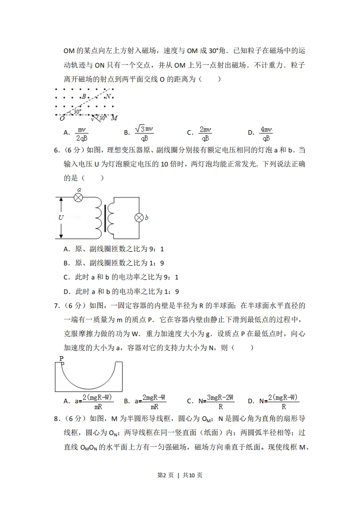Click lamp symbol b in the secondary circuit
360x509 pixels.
click(x=139, y=218)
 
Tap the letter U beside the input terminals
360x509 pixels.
click(x=61, y=217)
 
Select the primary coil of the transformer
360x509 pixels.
click(x=99, y=218)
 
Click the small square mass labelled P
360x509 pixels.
click(x=62, y=363)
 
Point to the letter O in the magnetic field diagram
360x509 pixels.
click(x=62, y=118)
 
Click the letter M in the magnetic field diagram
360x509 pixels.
click(x=114, y=118)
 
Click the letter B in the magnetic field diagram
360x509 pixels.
click(x=84, y=97)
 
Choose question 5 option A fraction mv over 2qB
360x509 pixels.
click(x=82, y=134)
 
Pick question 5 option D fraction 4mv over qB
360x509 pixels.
click(x=266, y=134)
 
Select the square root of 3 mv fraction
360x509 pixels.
click(x=144, y=133)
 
